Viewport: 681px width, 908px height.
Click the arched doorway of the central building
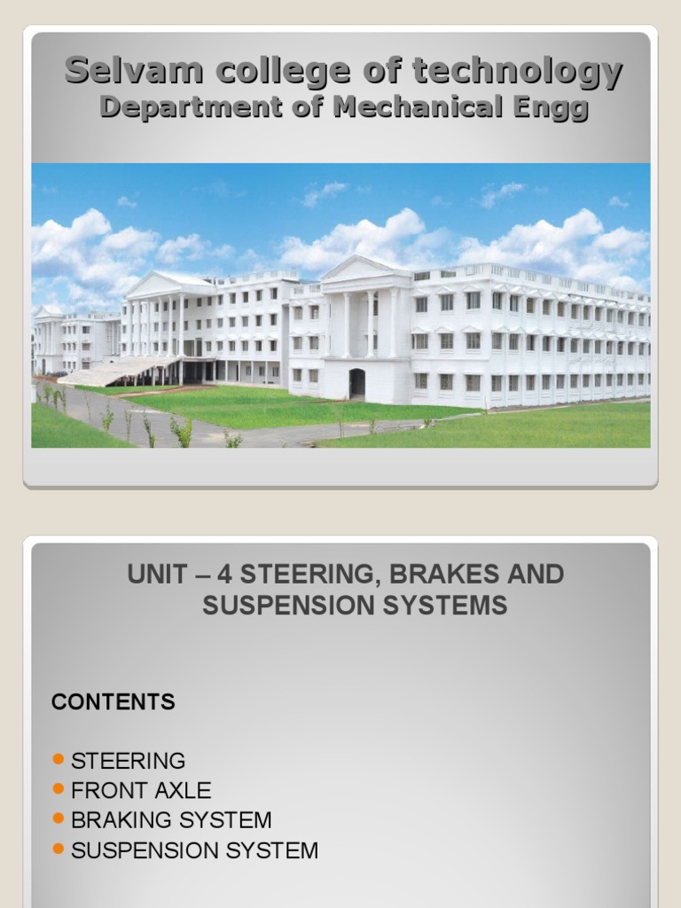[x=356, y=383]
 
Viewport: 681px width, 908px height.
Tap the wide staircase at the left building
[x=120, y=370]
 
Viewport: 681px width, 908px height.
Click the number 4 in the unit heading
[x=224, y=575]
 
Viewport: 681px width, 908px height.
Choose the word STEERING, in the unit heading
[x=310, y=575]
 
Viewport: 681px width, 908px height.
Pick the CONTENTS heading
[x=113, y=702]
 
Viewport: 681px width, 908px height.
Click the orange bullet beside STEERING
[x=59, y=759]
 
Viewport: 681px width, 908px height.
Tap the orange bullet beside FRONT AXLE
[x=59, y=788]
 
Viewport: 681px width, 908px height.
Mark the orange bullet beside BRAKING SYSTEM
[x=59, y=818]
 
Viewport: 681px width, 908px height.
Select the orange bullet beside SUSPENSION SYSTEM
[x=59, y=849]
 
